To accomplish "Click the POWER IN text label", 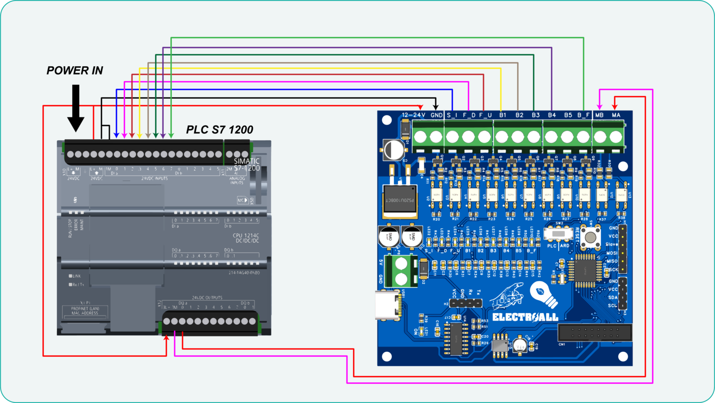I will pos(74,71).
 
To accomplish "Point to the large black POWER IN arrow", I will pos(76,109).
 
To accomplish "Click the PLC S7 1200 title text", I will pos(220,130).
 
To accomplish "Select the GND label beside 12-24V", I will pos(436,115).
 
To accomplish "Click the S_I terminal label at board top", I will pos(452,115).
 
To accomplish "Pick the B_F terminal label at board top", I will pos(583,115).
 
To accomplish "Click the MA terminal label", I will pos(616,115).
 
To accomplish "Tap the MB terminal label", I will pos(599,115).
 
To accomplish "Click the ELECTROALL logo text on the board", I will pos(525,317).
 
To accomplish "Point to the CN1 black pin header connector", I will pos(594,333).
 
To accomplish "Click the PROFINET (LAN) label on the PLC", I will pos(85,308).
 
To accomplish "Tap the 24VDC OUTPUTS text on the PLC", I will pos(207,297).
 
